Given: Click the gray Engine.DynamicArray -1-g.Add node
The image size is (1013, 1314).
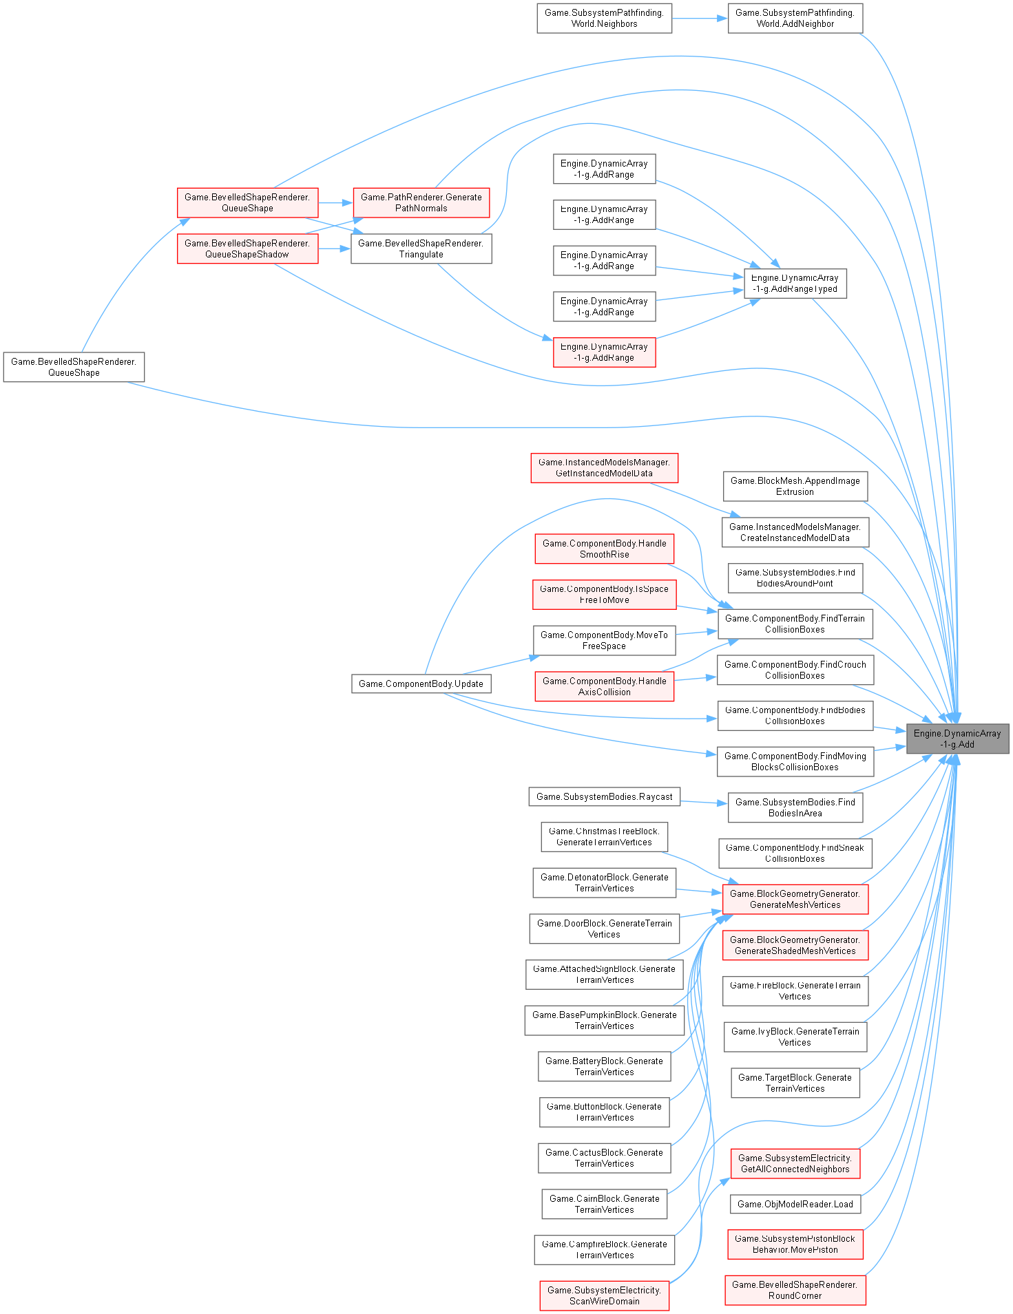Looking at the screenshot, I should coord(957,739).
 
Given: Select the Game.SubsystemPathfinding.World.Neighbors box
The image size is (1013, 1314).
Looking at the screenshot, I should coord(604,19).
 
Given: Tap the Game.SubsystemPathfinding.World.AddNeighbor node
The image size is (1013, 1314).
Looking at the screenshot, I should coord(795,19).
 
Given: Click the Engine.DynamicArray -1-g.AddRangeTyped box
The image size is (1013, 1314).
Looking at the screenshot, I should coord(795,284).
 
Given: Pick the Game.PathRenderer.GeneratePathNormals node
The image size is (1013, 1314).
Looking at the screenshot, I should coord(421,202).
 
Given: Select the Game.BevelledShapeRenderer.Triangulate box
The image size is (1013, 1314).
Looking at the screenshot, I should coord(421,248).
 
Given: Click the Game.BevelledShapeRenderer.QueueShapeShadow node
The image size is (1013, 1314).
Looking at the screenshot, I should coord(247,248).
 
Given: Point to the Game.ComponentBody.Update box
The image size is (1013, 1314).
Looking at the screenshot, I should coord(421,684).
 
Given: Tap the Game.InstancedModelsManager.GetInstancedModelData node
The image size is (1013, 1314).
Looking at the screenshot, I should coord(604,468).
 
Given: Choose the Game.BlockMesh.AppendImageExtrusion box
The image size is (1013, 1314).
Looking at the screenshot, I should coord(795,486).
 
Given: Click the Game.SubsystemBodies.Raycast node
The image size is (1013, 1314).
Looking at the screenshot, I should coord(604,796).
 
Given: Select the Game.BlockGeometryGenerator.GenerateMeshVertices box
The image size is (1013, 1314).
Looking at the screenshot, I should coord(795,899).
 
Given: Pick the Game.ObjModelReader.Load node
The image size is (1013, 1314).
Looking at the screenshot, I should coord(795,1204).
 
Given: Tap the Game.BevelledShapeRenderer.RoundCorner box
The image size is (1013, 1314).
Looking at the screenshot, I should coord(795,1290).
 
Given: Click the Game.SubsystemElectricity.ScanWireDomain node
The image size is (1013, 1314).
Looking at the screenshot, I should coord(604,1295).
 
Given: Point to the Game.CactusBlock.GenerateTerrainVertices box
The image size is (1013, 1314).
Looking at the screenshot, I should coord(604,1158).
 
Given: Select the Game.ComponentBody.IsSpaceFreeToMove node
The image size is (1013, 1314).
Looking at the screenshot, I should coord(604,595).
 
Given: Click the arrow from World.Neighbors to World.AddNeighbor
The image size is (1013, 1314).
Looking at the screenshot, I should coord(700,19).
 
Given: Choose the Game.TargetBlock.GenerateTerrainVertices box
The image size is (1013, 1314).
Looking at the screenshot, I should coord(795,1083).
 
